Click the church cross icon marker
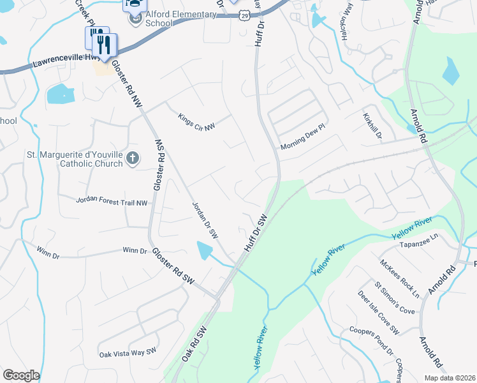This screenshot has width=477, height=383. click(x=132, y=158)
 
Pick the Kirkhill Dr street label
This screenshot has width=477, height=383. click(x=373, y=125)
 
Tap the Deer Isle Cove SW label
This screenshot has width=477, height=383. click(x=378, y=313)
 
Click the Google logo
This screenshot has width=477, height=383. click(x=21, y=375)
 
